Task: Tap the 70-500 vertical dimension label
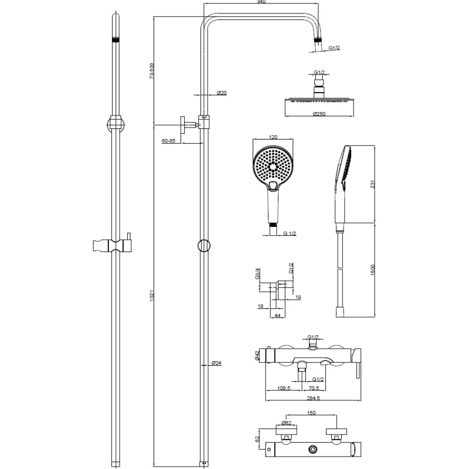point(152,72)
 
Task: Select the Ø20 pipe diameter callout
point(222,93)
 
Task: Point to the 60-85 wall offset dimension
point(169,141)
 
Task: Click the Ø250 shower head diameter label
point(320,113)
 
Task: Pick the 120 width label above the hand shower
point(273,137)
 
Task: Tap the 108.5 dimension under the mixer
point(284,388)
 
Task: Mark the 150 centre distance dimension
point(311,413)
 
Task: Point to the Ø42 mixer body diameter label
point(257,355)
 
